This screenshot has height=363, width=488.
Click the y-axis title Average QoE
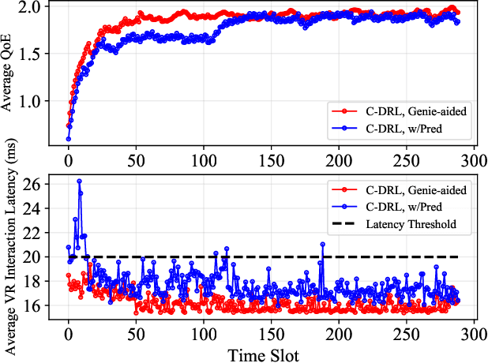pos(9,77)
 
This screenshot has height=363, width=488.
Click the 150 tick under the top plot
pos(271,160)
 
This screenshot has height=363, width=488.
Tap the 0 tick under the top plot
pos(69,160)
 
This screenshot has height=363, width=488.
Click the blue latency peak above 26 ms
pos(79,181)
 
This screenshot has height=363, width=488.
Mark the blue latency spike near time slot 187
pos(322,244)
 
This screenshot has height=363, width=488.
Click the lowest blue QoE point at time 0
pos(69,139)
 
